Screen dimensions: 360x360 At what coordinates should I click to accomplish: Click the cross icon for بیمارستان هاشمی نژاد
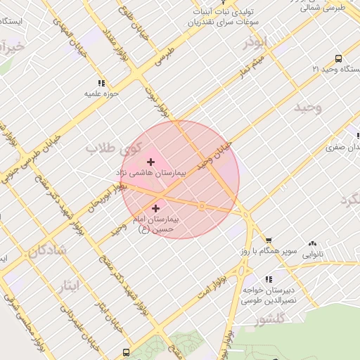[150, 162]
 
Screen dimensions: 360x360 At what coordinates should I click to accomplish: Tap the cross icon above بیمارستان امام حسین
[156, 208]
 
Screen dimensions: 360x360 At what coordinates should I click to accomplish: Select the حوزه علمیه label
[101, 93]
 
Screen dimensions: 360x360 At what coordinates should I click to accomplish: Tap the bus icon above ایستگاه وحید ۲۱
[339, 59]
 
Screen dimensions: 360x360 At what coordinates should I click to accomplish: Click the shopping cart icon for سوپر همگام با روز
[268, 240]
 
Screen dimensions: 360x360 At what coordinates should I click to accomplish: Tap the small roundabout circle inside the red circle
[202, 206]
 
